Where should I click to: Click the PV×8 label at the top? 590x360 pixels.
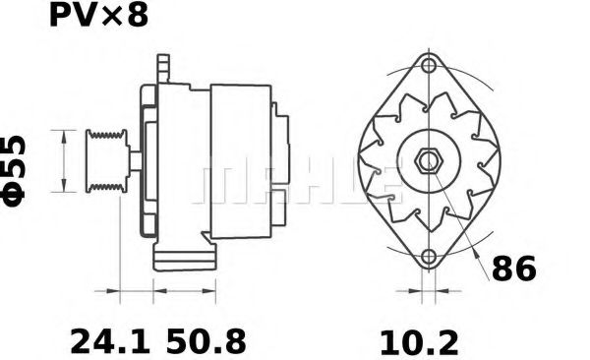pos(98,17)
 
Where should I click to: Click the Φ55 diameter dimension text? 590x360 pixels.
pos(17,169)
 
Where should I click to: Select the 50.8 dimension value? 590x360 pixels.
pos(206,341)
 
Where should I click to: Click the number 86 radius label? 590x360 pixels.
pos(513,268)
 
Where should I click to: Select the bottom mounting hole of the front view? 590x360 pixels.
pos(428,258)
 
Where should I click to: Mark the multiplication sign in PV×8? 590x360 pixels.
pos(110,17)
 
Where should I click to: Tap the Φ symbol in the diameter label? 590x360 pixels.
pos(17,194)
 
